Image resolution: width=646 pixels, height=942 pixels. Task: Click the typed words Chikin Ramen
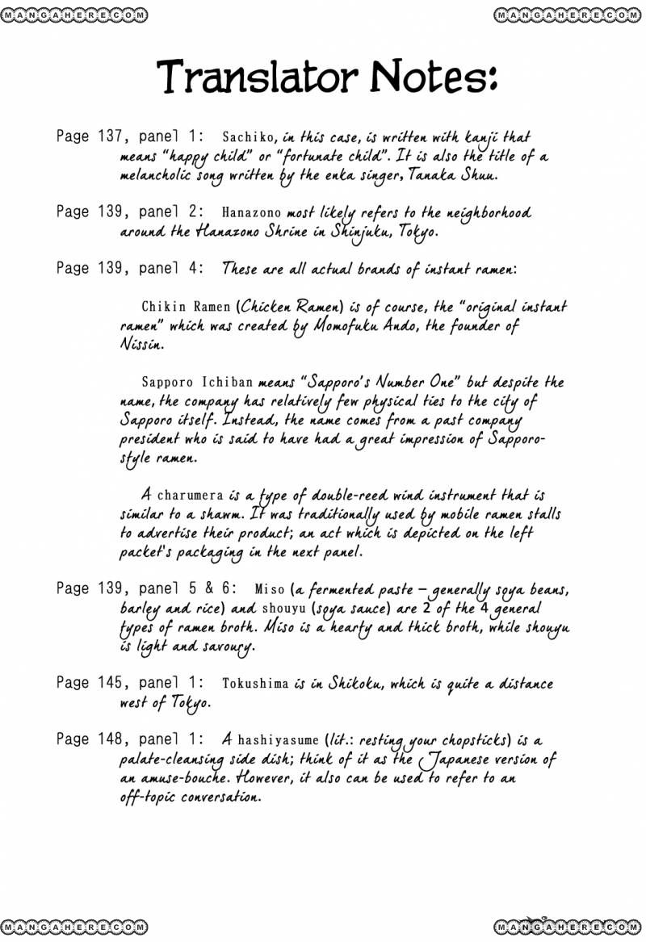coord(187,308)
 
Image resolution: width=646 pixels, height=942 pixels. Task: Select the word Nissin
coord(141,345)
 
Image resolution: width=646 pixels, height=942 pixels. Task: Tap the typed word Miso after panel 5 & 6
coord(269,589)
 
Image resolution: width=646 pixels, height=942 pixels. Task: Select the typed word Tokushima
coord(254,684)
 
